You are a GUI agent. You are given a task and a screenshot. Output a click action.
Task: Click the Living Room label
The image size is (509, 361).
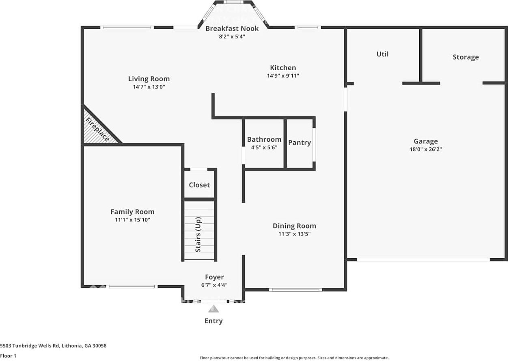coord(149,79)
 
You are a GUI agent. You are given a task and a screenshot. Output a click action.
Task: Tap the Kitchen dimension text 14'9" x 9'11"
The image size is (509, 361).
coord(283,76)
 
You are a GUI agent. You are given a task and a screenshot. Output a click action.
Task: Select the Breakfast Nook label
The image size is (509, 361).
coord(232,28)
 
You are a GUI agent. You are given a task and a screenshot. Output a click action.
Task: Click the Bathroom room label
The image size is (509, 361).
coord(264,139)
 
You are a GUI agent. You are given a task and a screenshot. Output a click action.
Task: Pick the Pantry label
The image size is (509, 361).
coord(300,143)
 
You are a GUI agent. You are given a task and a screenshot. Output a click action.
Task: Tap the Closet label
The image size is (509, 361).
coord(199,185)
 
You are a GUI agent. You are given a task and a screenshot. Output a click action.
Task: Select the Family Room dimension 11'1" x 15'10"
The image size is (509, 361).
coord(132,220)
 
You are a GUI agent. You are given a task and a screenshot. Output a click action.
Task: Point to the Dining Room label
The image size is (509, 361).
coord(294,226)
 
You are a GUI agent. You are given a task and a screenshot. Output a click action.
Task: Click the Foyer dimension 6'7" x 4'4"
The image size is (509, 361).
coord(214,285)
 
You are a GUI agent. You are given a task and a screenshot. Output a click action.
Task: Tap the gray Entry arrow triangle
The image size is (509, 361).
coord(214,309)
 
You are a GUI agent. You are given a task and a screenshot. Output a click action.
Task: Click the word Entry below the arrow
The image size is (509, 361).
coord(214,321)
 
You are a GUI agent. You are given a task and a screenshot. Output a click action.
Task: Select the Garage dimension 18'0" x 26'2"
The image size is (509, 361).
coord(425,149)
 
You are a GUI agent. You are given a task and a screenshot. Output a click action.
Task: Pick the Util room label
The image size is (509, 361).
coord(382,54)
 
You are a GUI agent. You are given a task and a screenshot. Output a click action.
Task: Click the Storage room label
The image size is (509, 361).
coord(466,57)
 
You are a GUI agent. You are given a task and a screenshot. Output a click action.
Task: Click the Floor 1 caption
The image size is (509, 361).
coord(9,356)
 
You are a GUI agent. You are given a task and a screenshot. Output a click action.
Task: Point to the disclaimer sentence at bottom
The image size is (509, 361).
coord(294,358)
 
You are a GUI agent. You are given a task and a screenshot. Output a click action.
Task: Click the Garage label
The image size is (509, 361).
coord(425,141)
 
